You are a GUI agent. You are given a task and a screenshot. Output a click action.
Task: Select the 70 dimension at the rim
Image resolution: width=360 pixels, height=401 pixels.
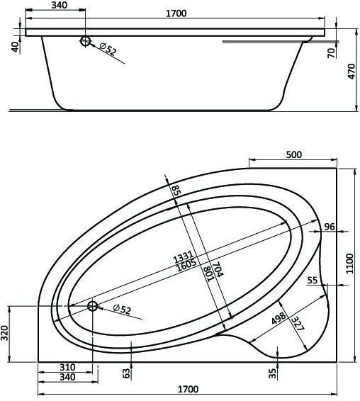click(x=331, y=53)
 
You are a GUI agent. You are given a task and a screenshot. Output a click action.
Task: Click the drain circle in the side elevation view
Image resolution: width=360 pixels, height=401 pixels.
click(x=86, y=42)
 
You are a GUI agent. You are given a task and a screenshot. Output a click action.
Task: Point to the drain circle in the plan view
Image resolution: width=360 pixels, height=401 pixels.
click(x=92, y=307)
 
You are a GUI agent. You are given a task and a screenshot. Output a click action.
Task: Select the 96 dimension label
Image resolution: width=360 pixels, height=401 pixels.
click(x=329, y=227)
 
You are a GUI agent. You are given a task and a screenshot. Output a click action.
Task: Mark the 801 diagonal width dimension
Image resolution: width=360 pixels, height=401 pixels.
click(x=207, y=273)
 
